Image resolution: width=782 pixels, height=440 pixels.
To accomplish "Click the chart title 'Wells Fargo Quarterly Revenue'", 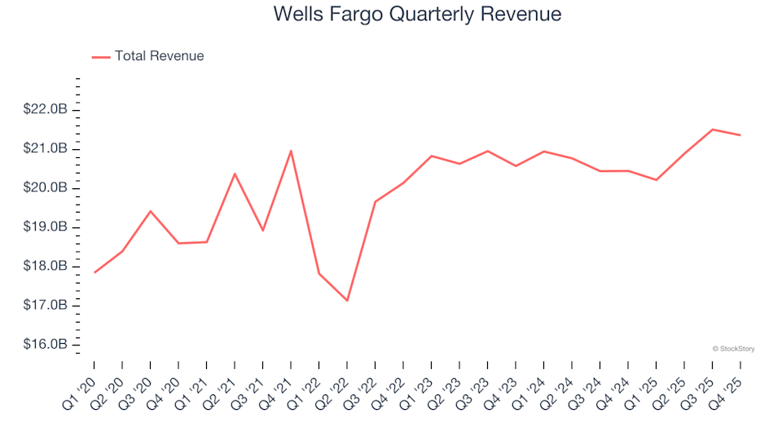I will [417, 15].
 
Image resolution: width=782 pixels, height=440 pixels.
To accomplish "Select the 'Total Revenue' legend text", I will [159, 56].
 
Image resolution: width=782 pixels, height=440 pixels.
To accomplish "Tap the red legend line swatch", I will [101, 57].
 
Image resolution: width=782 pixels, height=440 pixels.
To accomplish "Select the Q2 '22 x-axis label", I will [334, 382].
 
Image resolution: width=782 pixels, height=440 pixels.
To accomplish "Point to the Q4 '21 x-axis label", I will [278, 382].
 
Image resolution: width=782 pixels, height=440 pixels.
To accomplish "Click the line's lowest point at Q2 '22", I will [347, 301].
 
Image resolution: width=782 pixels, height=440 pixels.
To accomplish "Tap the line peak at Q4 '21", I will [291, 151].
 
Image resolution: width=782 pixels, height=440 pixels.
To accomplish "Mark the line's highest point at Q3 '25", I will [712, 130].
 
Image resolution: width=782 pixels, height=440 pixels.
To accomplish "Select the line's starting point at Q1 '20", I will [94, 272].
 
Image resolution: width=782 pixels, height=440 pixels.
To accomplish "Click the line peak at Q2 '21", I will [235, 174].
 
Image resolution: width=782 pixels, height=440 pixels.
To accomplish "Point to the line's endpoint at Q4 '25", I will [740, 135].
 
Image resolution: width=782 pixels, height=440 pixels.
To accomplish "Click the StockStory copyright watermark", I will [733, 349].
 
